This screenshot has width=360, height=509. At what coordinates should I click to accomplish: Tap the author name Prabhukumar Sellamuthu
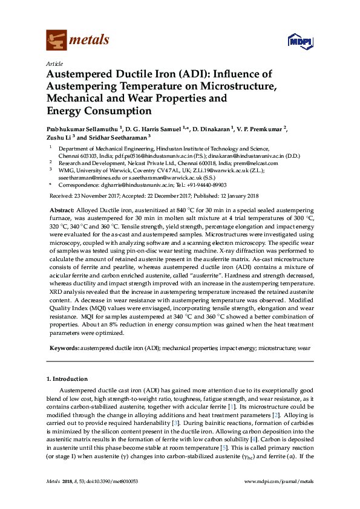click(82, 129)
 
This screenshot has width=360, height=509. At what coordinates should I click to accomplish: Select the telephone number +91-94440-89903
click(207, 185)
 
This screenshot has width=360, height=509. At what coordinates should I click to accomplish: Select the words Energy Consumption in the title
click(99, 111)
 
